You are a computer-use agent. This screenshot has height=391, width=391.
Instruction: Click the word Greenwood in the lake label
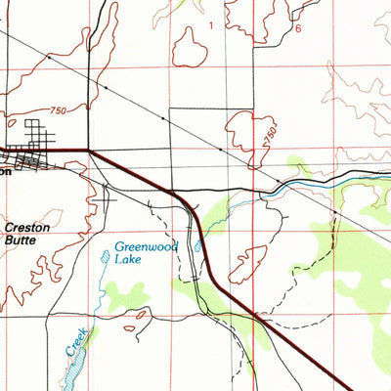click(145, 247)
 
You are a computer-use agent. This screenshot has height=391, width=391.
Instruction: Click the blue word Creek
click(77, 343)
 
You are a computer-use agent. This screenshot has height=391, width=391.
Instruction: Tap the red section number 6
click(298, 28)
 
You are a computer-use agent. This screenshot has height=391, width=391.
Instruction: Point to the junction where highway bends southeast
click(89, 151)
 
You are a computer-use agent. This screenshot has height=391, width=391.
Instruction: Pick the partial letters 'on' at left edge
click(5, 168)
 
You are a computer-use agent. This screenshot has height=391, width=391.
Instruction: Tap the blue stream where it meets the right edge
click(387, 175)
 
